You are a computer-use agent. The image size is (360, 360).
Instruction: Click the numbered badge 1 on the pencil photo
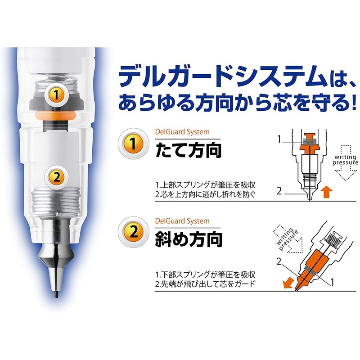pyautogui.click(x=55, y=95)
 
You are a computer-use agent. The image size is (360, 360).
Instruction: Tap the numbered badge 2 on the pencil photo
pyautogui.click(x=55, y=177)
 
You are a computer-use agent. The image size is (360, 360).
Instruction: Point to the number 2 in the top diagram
pyautogui.click(x=279, y=191)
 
